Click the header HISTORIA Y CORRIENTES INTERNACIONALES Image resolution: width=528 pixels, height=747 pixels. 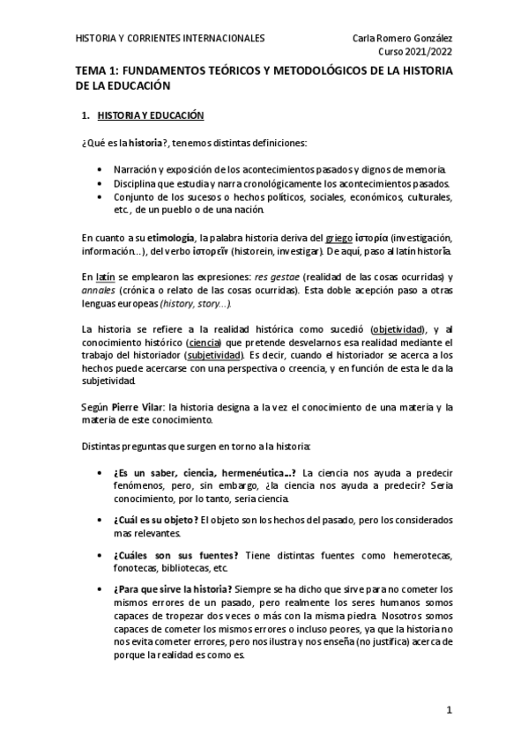point(169,39)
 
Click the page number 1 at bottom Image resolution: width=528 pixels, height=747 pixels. point(449,710)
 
